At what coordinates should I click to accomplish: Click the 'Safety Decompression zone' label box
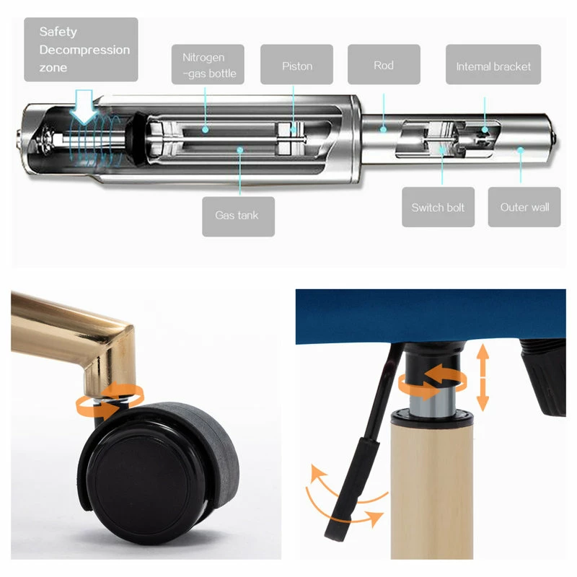tap(81, 49)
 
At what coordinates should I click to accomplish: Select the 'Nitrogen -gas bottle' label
tap(208, 64)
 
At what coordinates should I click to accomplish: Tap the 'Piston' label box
tap(296, 64)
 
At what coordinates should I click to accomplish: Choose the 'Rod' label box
tap(384, 64)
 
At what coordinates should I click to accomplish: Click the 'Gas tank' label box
tap(238, 216)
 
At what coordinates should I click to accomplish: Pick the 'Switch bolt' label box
tap(438, 207)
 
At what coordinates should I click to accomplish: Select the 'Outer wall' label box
tap(524, 207)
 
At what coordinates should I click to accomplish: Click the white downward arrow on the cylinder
tap(84, 107)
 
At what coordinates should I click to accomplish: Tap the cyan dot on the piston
tap(294, 130)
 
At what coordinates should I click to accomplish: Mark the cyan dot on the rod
tap(384, 129)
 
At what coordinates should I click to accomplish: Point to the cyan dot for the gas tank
tap(240, 150)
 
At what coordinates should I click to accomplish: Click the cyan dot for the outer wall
tap(520, 150)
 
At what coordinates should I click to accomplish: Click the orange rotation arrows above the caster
tap(110, 400)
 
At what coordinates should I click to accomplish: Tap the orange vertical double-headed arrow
tap(483, 377)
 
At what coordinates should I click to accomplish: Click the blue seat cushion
tap(431, 317)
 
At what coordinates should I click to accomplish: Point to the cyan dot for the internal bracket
tap(485, 130)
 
